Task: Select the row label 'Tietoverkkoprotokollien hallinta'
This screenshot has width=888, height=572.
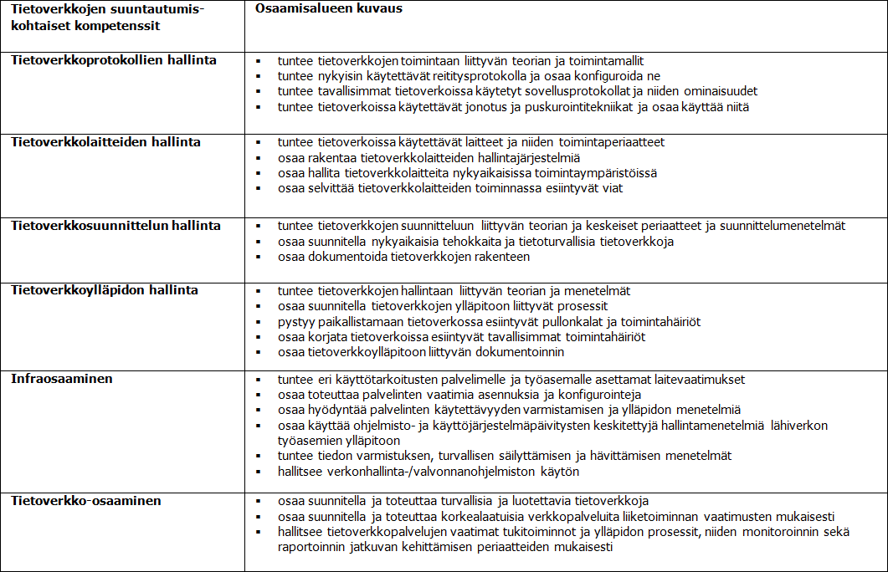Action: pyautogui.click(x=113, y=60)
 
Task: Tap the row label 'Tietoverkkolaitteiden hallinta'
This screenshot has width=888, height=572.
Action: pyautogui.click(x=105, y=142)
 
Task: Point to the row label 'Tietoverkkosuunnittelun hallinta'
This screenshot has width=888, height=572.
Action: pyautogui.click(x=115, y=226)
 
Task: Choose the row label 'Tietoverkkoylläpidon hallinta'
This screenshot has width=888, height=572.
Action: pyautogui.click(x=105, y=291)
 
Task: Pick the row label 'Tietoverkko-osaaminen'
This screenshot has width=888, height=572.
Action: pyautogui.click(x=86, y=501)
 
